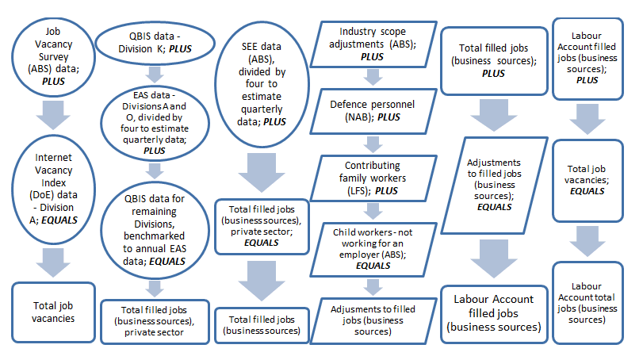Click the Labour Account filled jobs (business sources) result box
495,312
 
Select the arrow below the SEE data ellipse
263,171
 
